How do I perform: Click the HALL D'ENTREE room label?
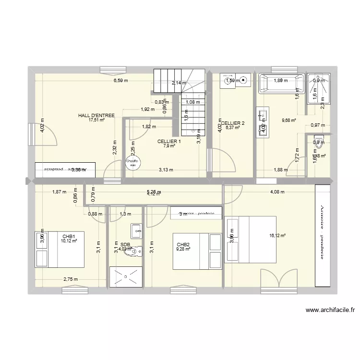[96, 116]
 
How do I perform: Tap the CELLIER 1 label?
[169, 141]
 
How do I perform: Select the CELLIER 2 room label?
[233, 123]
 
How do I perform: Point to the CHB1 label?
[69, 236]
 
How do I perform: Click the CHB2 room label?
[183, 244]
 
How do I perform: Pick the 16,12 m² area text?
[278, 236]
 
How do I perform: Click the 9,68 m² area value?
[288, 120]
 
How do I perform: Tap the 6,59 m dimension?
[120, 81]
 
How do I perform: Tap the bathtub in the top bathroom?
[281, 84]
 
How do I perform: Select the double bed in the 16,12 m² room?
[250, 239]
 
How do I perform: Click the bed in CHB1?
[60, 250]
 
